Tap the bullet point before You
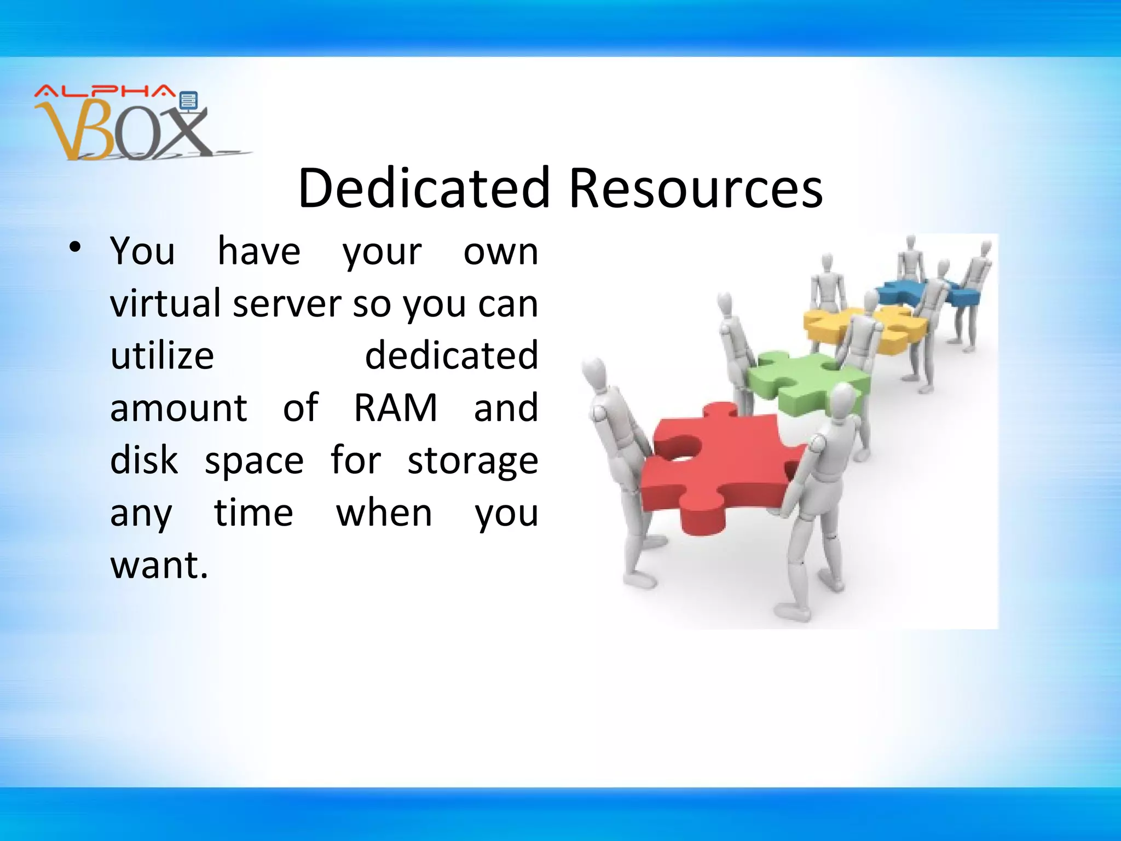click(76, 247)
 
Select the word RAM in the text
click(395, 408)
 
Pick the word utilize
click(162, 356)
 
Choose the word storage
click(472, 461)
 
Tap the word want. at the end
click(159, 565)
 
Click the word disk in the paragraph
click(144, 460)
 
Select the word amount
click(178, 408)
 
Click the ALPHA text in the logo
click(104, 92)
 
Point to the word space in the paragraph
click(254, 461)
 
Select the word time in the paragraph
click(253, 513)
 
